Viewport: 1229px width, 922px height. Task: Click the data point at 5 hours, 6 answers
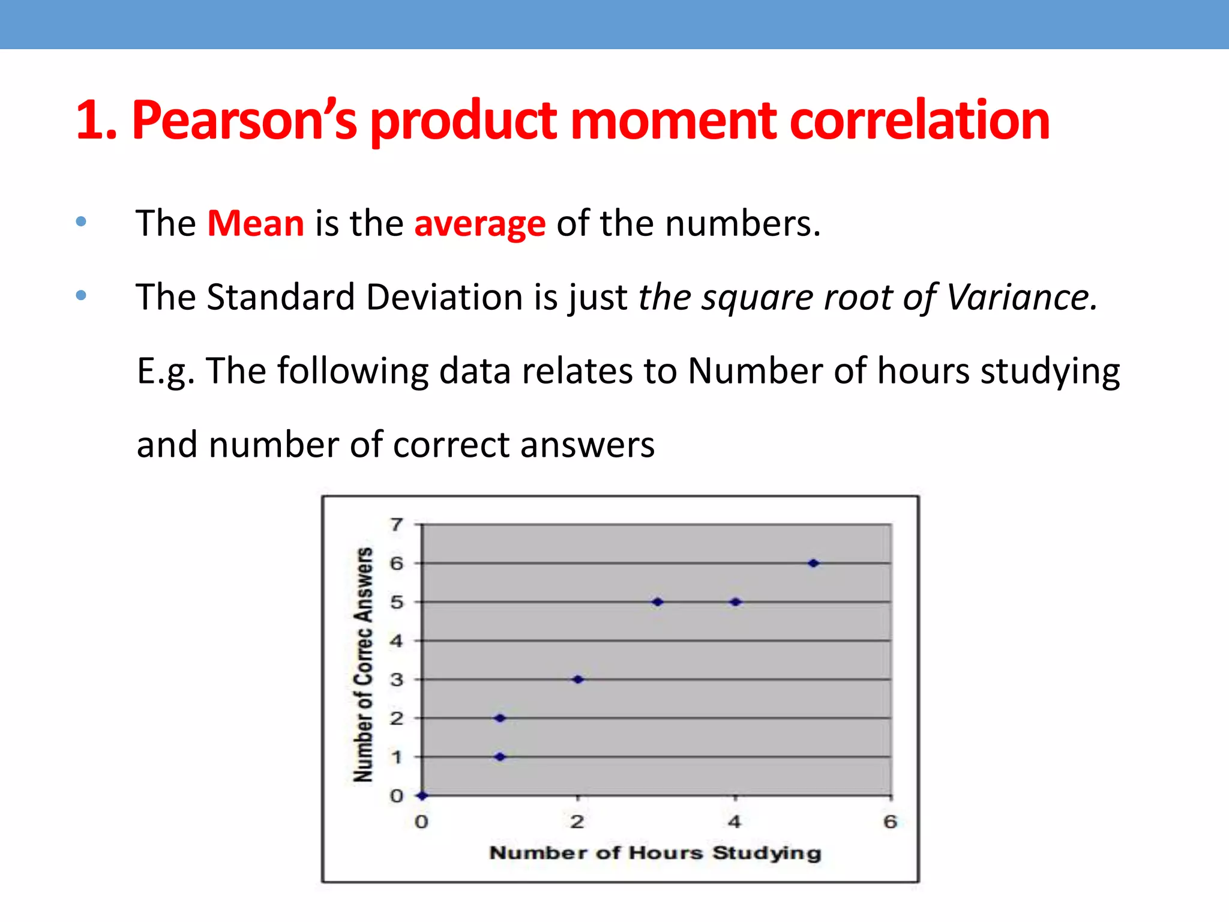click(813, 563)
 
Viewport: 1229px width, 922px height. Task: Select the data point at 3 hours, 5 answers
click(658, 601)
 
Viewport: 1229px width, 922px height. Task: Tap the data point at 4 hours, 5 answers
click(736, 601)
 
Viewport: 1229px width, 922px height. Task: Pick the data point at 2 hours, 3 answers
click(578, 679)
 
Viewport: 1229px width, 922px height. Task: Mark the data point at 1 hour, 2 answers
click(500, 718)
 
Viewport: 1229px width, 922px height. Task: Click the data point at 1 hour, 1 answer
click(500, 757)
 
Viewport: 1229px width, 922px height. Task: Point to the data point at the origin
click(422, 795)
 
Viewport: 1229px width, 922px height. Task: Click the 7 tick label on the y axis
click(396, 525)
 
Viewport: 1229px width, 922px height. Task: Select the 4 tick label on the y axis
click(396, 641)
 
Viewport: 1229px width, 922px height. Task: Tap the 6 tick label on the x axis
click(891, 822)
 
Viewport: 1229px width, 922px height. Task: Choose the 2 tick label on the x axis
click(577, 822)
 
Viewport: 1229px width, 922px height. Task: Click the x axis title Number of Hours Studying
click(655, 853)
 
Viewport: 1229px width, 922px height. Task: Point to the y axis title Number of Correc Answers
click(363, 664)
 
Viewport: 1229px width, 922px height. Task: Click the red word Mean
click(256, 223)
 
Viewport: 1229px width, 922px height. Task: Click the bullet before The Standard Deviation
click(82, 295)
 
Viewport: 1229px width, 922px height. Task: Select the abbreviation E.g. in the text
click(166, 371)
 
